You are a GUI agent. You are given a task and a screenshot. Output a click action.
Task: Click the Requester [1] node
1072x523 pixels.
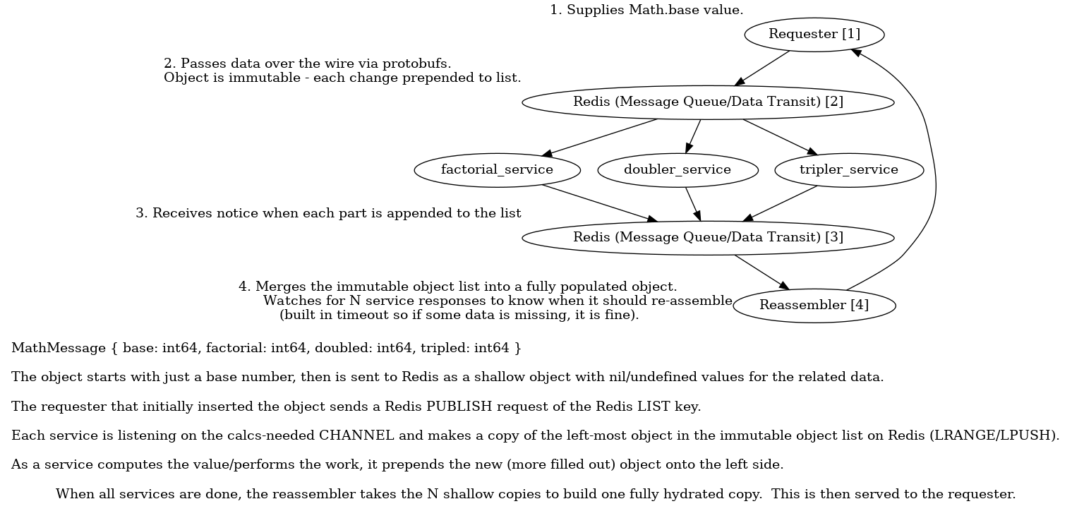(x=814, y=35)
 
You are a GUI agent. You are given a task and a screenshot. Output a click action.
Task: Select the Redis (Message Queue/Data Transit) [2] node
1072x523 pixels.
(x=708, y=102)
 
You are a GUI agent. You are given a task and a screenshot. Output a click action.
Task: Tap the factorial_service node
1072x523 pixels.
(x=497, y=170)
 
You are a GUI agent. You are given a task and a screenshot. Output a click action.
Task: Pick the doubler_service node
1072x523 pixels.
(x=677, y=170)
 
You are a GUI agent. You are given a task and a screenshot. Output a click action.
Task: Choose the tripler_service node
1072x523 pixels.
(x=848, y=170)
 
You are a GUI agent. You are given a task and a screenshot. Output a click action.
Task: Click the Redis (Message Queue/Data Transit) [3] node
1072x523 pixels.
(x=708, y=238)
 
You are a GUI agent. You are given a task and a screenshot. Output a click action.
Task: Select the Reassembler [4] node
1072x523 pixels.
(x=814, y=306)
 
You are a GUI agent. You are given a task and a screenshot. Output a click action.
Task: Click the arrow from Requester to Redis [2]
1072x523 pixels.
(x=763, y=68)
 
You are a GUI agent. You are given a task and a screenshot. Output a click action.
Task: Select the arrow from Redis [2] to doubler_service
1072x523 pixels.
(x=693, y=136)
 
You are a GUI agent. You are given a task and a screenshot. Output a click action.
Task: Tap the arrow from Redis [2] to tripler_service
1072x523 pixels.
(x=779, y=136)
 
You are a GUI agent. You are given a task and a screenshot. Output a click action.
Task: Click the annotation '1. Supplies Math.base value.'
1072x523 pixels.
(x=646, y=10)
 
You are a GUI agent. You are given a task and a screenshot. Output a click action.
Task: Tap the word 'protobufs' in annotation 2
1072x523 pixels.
(x=417, y=64)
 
